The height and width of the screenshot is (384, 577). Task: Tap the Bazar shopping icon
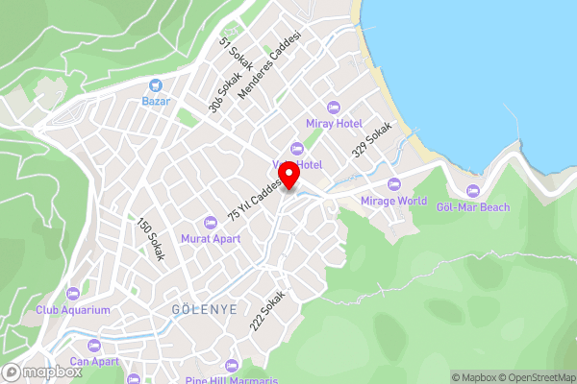(155, 84)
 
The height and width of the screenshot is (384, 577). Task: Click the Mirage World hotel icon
(392, 184)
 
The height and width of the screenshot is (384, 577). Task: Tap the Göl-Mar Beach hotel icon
(472, 190)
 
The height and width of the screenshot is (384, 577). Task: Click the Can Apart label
(93, 361)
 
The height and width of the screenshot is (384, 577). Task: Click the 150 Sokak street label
(152, 239)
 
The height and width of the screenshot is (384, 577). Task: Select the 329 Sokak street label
(372, 140)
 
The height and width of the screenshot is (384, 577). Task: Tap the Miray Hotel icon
(334, 106)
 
